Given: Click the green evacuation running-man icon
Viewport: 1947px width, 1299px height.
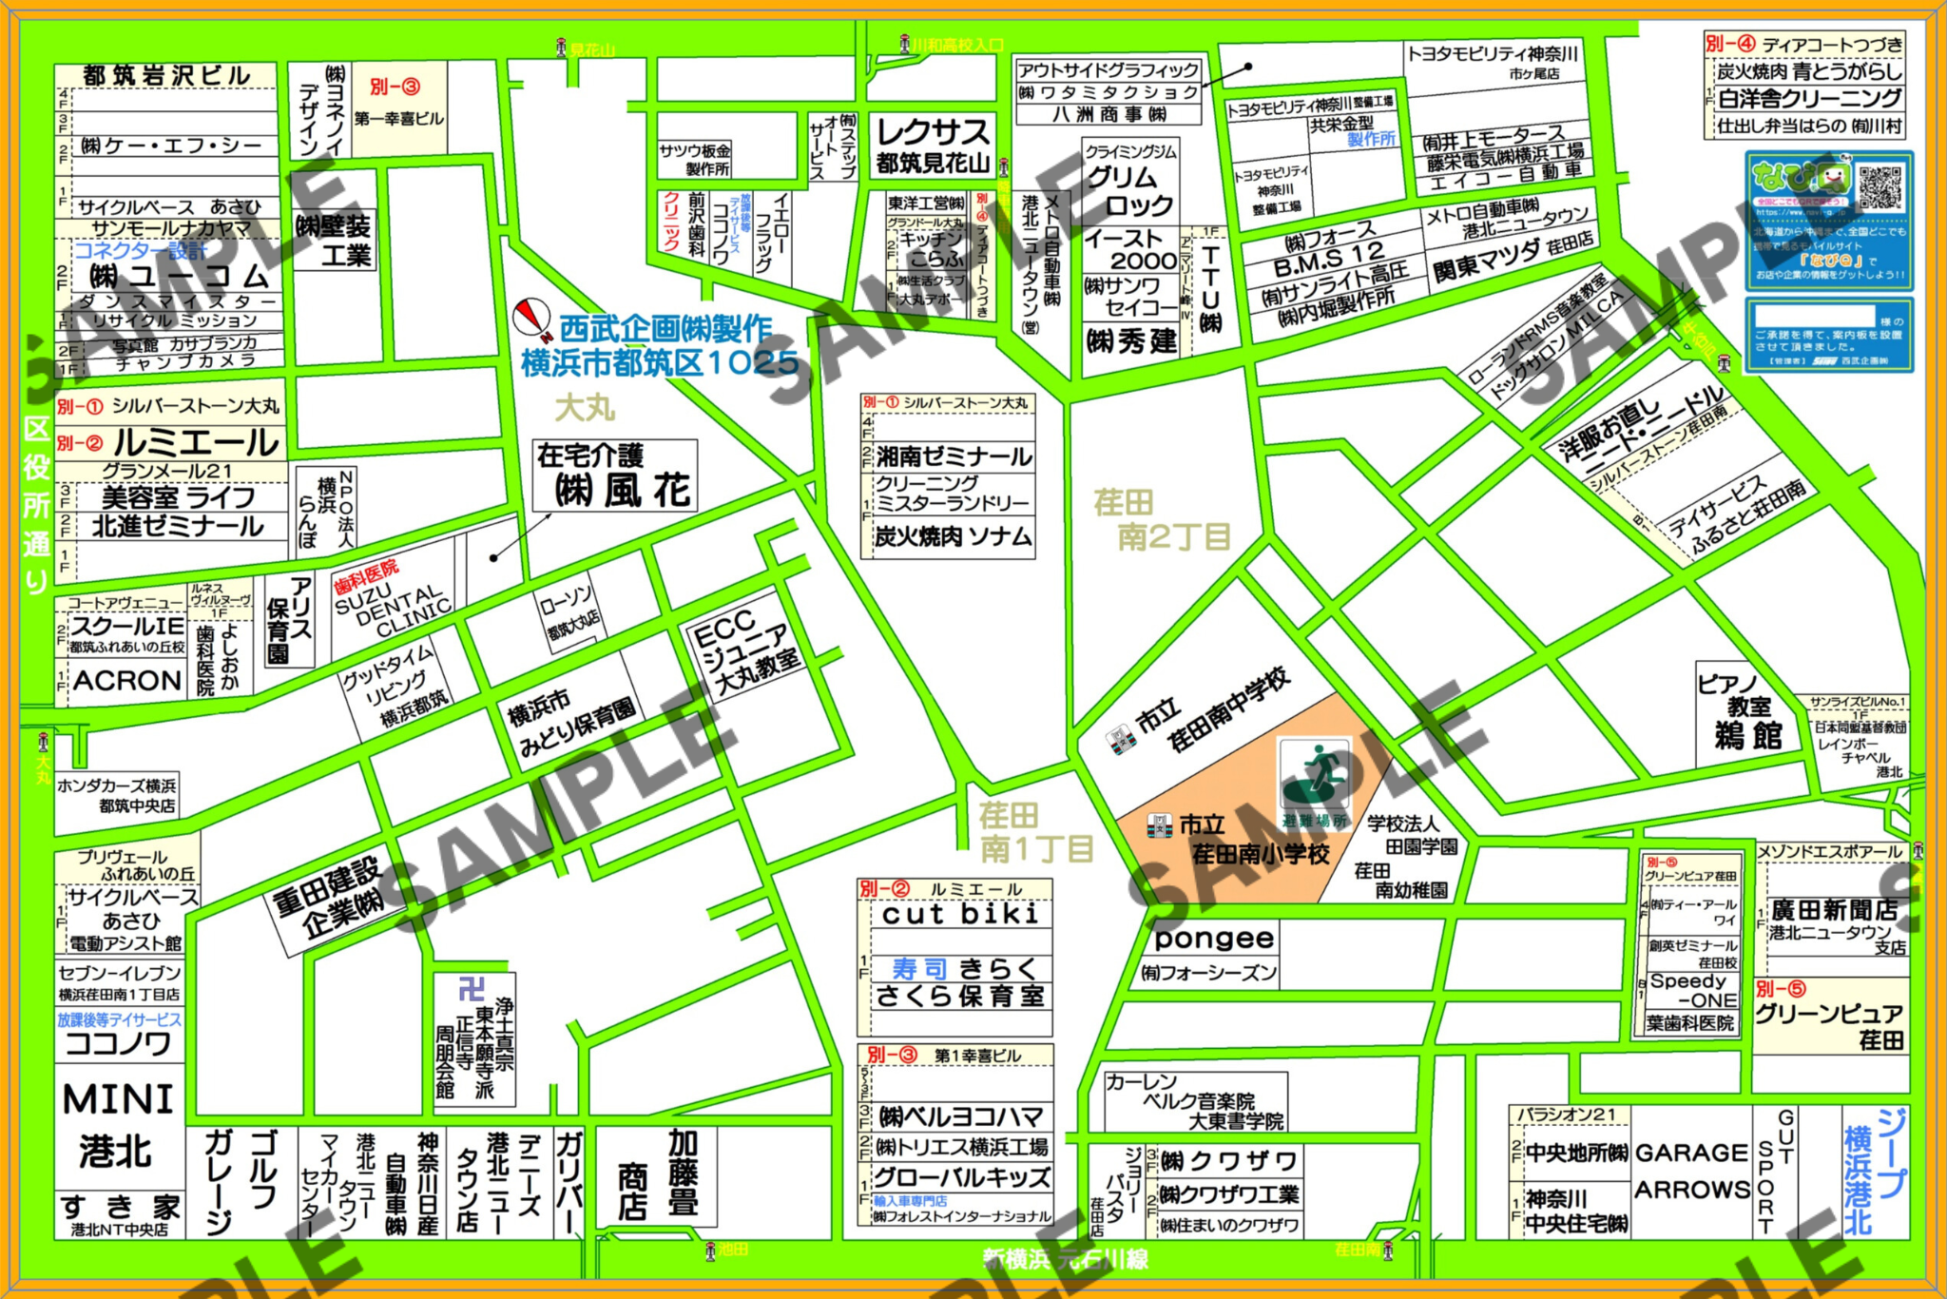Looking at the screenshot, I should [1314, 775].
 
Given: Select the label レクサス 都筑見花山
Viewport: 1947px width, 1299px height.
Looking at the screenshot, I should [932, 145].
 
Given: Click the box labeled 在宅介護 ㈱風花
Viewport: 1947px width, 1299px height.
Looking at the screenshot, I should [614, 475].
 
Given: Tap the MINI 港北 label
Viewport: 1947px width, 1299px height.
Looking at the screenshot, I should [118, 1125].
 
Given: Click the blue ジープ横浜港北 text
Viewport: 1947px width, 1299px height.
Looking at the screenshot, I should [1875, 1171].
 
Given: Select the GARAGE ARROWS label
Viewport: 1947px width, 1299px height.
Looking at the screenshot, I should [1691, 1171].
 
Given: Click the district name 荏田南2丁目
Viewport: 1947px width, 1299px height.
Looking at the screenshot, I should [1162, 519].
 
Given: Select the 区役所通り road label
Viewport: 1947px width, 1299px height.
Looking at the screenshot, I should [36, 504].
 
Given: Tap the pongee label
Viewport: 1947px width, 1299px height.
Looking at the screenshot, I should [1213, 939].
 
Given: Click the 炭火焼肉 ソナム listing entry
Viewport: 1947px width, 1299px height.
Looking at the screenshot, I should [952, 537].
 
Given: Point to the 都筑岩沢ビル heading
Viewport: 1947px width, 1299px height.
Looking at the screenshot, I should [166, 75].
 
